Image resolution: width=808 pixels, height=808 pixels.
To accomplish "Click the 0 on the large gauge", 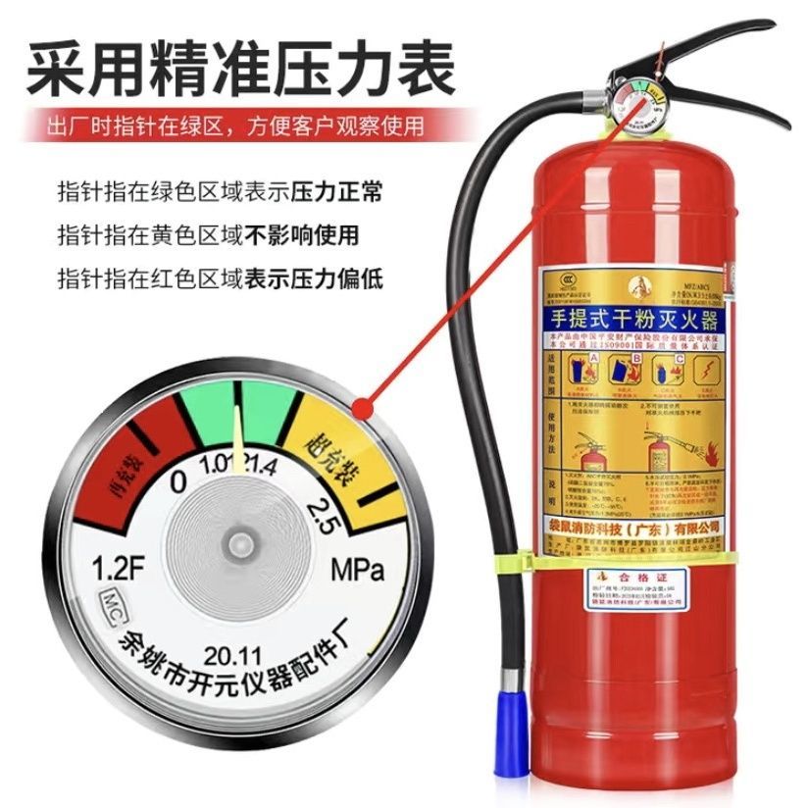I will (x=178, y=480).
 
